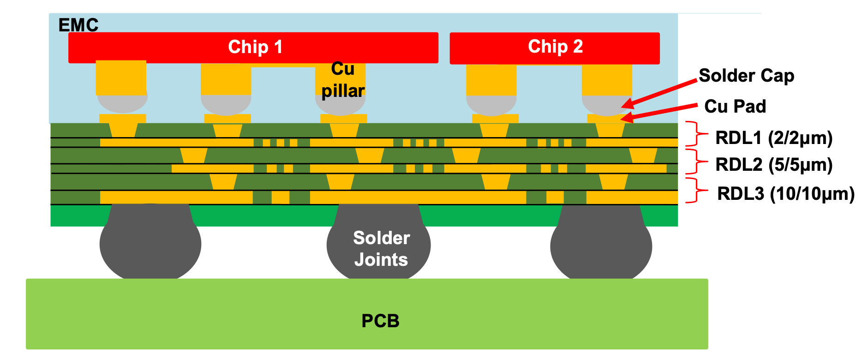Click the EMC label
point(78,25)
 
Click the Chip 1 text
point(255,47)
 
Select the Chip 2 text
point(555,47)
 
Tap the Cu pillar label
point(343,80)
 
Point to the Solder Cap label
point(746,76)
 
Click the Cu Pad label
point(735,107)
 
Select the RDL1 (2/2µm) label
point(773,138)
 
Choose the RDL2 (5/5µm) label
point(773,165)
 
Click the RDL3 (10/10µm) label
point(785,194)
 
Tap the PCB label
point(380,321)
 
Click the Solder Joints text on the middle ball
point(381,249)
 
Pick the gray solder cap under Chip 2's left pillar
point(491,105)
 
